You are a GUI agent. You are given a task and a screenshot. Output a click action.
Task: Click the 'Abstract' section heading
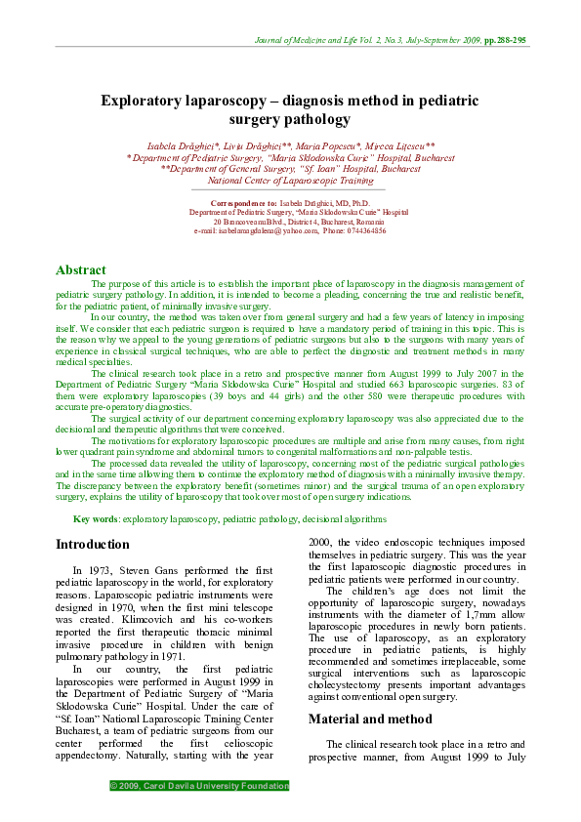[81, 269]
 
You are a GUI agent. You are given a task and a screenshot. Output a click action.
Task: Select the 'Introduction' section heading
[92, 544]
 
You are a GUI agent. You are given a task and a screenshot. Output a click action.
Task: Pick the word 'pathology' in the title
[317, 120]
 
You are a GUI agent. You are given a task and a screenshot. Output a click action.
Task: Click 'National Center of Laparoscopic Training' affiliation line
[291, 180]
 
